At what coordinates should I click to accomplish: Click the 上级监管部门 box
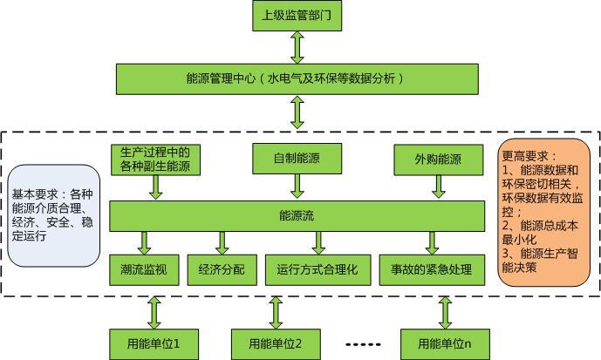pos(297,17)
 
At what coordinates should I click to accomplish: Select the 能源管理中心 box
pos(297,78)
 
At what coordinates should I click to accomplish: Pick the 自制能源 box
pos(297,159)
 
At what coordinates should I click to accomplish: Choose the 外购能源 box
pos(439,159)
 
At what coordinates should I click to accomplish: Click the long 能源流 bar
pos(297,214)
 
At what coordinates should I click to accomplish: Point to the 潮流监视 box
pos(144,269)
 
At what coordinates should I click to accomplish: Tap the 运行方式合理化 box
pos(318,269)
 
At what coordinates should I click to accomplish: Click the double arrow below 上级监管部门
pos(297,48)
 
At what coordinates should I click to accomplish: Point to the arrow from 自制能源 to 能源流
pos(297,186)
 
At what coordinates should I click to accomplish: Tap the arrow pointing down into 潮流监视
pos(145,242)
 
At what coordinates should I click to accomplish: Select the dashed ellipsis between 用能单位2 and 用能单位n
pos(364,344)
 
